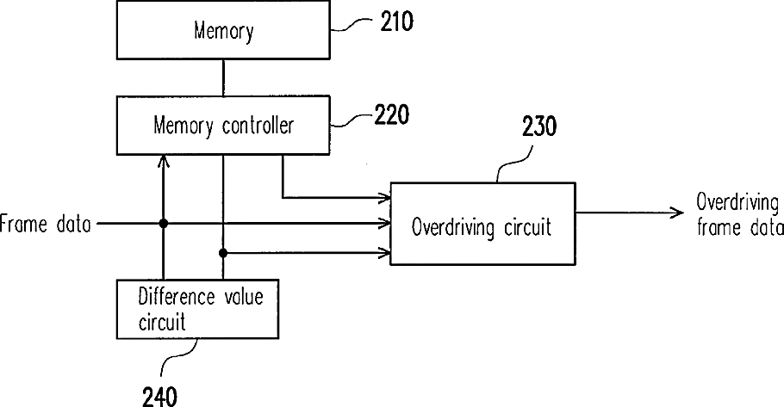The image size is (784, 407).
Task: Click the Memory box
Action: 223,30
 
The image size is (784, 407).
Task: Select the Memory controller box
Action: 223,125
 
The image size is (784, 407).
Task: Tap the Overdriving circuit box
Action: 482,224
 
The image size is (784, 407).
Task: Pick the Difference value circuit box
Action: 197,309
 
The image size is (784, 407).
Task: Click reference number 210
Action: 396,22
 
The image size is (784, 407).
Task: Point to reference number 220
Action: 392,114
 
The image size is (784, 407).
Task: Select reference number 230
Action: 539,126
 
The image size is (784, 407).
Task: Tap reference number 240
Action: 159,397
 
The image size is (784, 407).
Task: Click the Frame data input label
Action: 45,224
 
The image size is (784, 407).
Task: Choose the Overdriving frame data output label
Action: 739,215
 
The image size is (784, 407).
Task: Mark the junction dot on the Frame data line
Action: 163,223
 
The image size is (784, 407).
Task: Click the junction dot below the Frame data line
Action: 223,253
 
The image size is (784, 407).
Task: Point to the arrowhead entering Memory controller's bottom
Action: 163,160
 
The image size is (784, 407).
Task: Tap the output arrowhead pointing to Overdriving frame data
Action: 678,213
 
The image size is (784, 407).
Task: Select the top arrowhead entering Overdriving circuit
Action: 384,198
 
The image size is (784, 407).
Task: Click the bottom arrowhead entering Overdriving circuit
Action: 384,253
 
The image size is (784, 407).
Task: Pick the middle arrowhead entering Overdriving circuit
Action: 384,223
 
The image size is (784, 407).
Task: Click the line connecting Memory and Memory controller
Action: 223,77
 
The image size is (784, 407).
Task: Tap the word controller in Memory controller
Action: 258,125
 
